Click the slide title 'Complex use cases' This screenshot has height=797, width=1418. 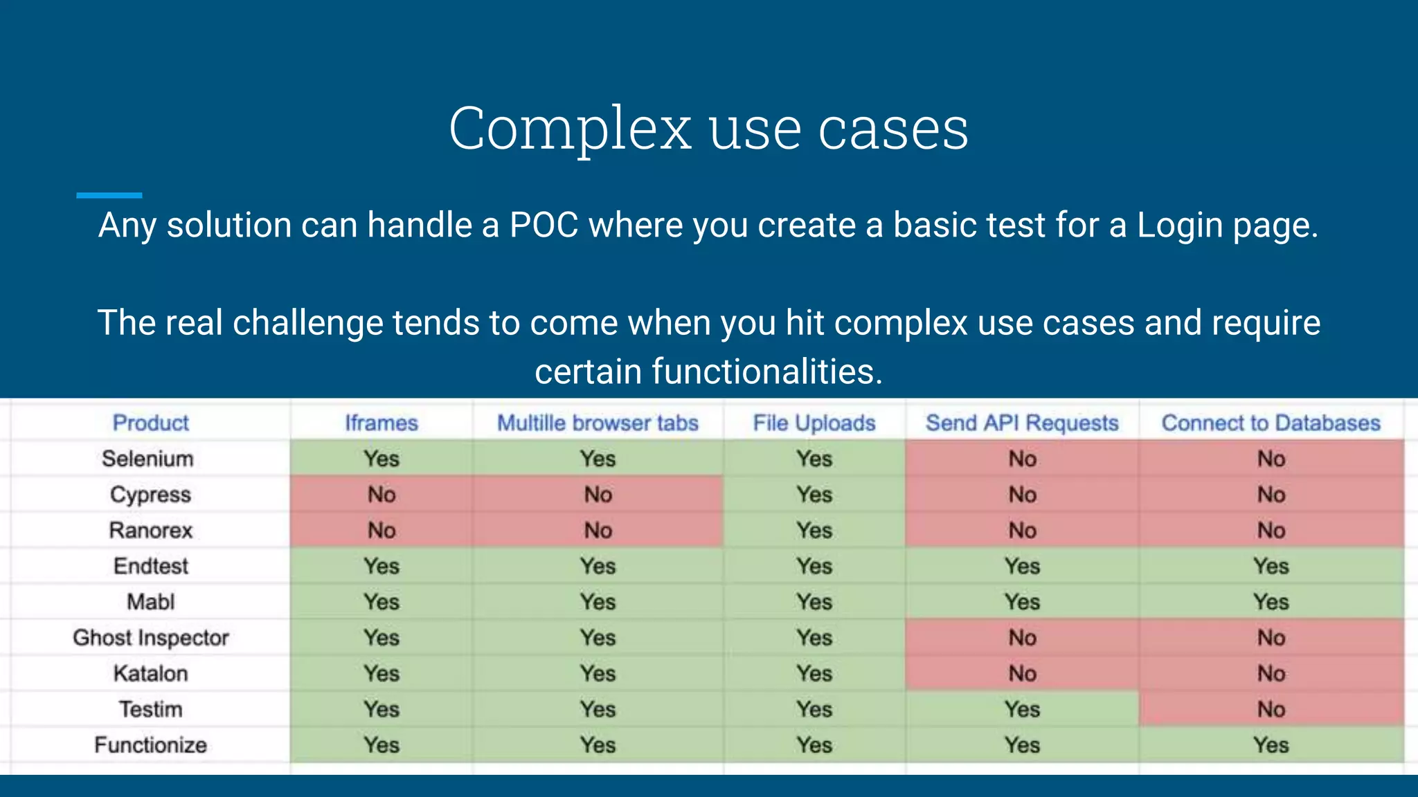pyautogui.click(x=708, y=129)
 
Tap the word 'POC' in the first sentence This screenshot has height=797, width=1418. pyautogui.click(x=544, y=226)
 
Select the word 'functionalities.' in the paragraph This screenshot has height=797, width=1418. pyautogui.click(x=766, y=372)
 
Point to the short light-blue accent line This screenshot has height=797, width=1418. pyautogui.click(x=109, y=196)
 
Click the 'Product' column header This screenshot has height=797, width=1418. pyautogui.click(x=150, y=423)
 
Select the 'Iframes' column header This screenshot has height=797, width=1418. pyautogui.click(x=382, y=423)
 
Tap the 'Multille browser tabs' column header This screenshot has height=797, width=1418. pyautogui.click(x=598, y=423)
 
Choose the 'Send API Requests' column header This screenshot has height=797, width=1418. pyautogui.click(x=1022, y=423)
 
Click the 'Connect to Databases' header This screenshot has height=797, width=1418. pyautogui.click(x=1271, y=423)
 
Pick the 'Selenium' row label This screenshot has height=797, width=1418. pyautogui.click(x=147, y=459)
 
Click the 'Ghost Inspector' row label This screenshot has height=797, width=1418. pyautogui.click(x=150, y=638)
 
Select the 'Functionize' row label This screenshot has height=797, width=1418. pyautogui.click(x=150, y=745)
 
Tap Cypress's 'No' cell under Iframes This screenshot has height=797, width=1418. pyautogui.click(x=382, y=495)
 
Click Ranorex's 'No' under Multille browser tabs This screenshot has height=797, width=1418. pyautogui.click(x=598, y=531)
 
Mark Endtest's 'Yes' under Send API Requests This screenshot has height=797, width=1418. pyautogui.click(x=1022, y=567)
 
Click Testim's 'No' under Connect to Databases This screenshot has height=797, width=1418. pyautogui.click(x=1271, y=709)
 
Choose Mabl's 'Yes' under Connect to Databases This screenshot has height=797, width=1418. pyautogui.click(x=1271, y=602)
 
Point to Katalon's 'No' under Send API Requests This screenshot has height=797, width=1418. pyautogui.click(x=1022, y=673)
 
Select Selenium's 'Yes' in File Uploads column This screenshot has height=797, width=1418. pyautogui.click(x=814, y=459)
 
